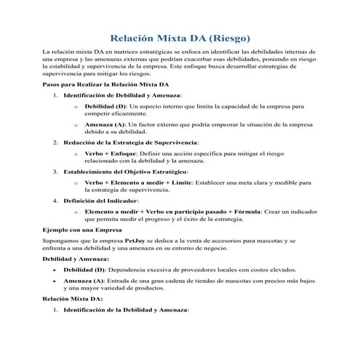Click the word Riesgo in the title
[x=228, y=36]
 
